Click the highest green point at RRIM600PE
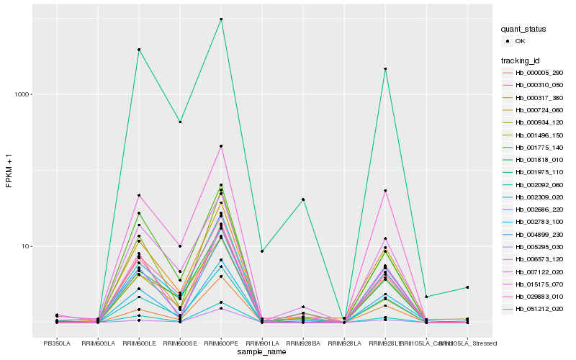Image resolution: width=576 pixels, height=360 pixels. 221,19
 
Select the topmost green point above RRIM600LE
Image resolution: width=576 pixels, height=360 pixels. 139,50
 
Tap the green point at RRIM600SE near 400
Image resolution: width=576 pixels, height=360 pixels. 180,122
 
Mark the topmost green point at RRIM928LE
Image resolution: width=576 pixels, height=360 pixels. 385,69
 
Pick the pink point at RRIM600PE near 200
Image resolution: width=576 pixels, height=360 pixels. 221,146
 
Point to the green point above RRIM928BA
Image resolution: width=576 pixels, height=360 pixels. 303,199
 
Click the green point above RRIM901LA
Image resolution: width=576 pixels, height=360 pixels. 262,251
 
